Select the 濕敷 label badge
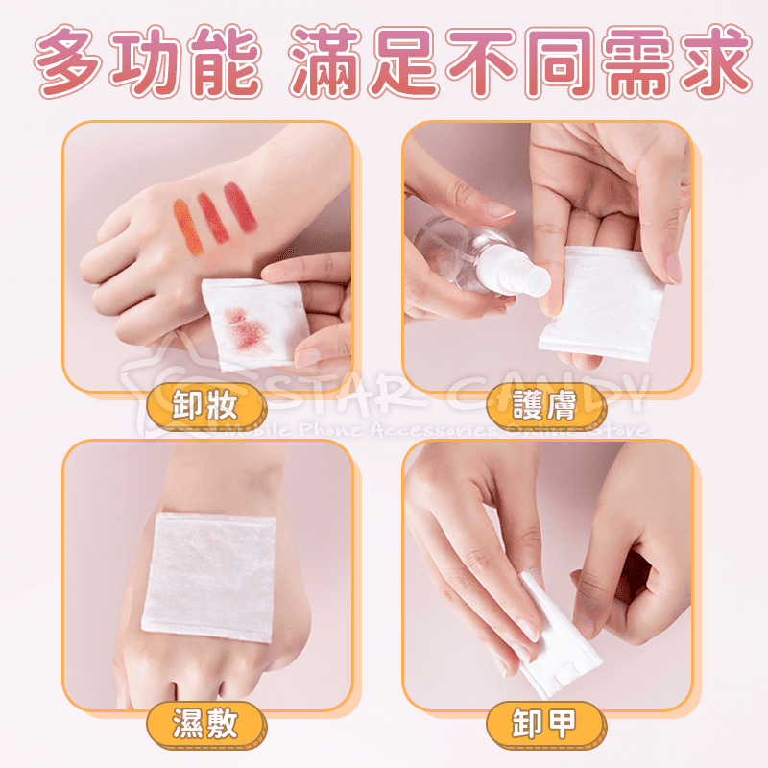[x=204, y=721]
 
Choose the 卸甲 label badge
[x=544, y=721]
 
